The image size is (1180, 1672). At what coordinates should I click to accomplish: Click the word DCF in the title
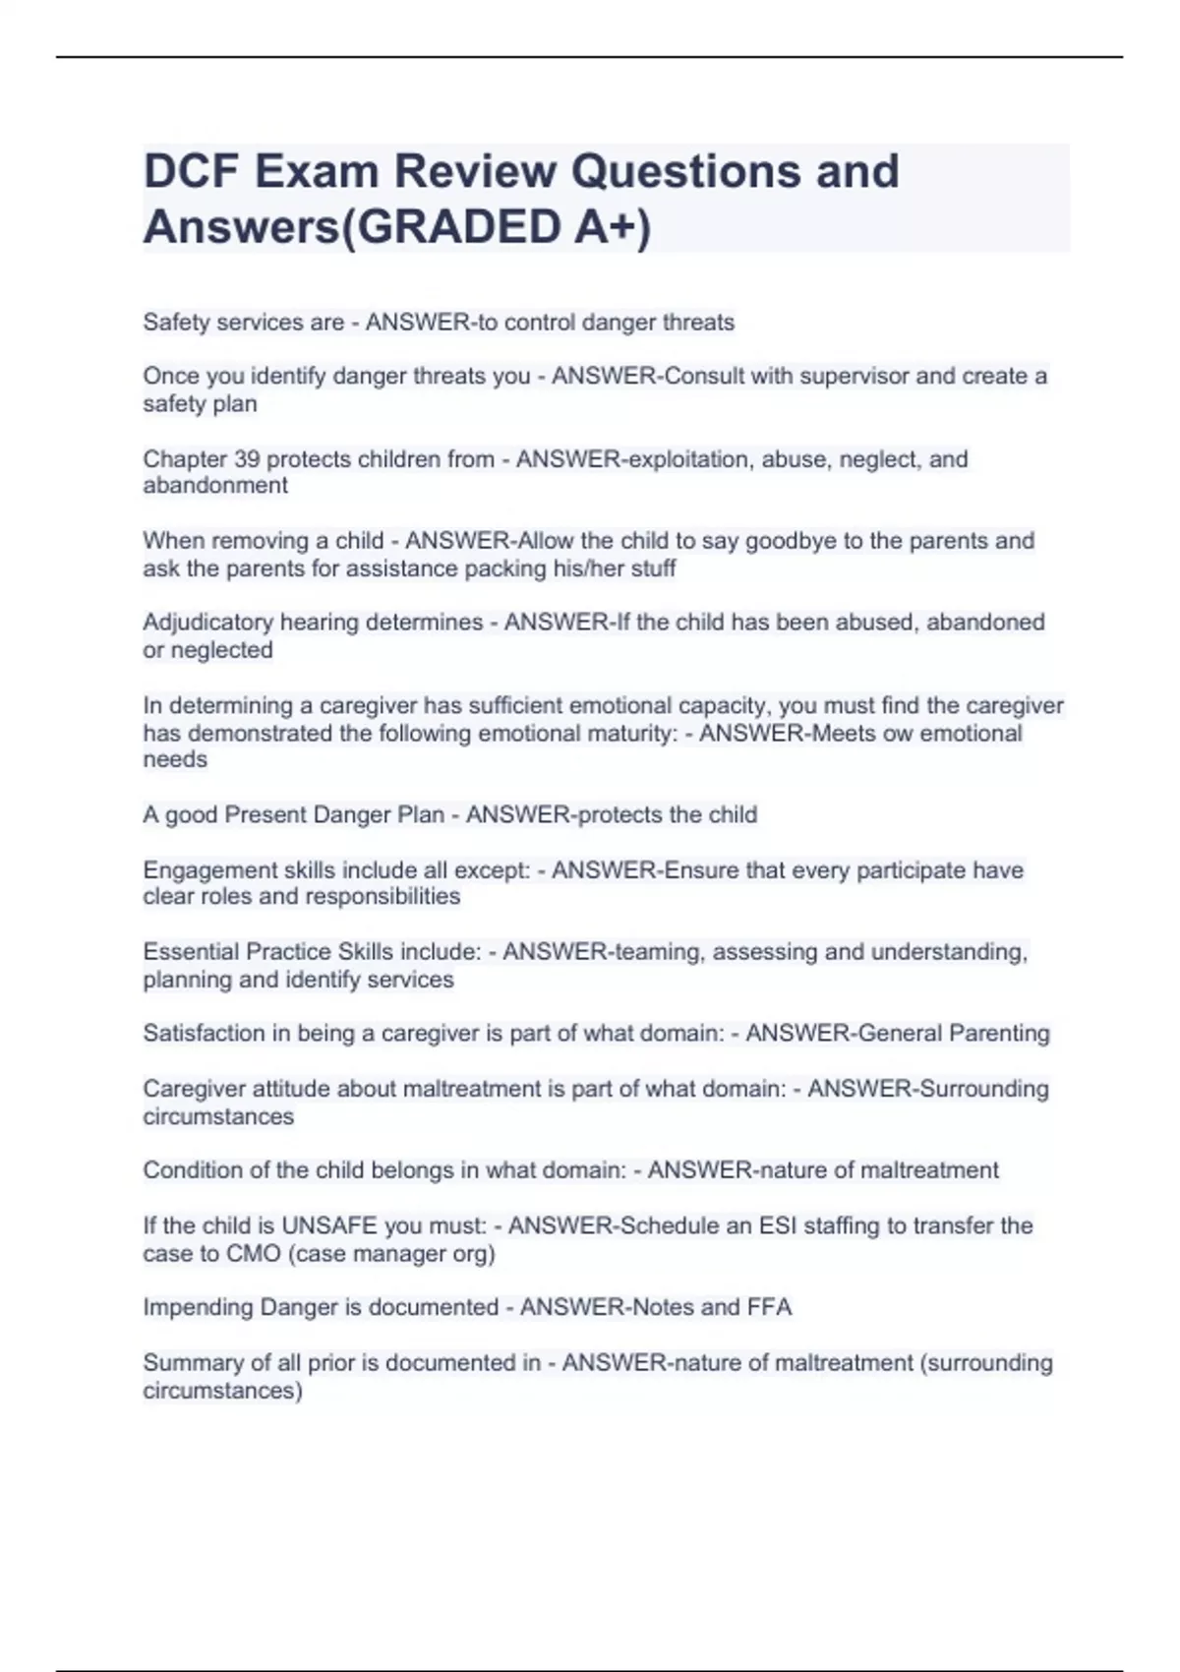[x=192, y=171]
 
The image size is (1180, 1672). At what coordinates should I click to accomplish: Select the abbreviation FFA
[x=769, y=1307]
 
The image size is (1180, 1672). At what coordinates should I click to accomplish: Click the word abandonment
[x=215, y=486]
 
